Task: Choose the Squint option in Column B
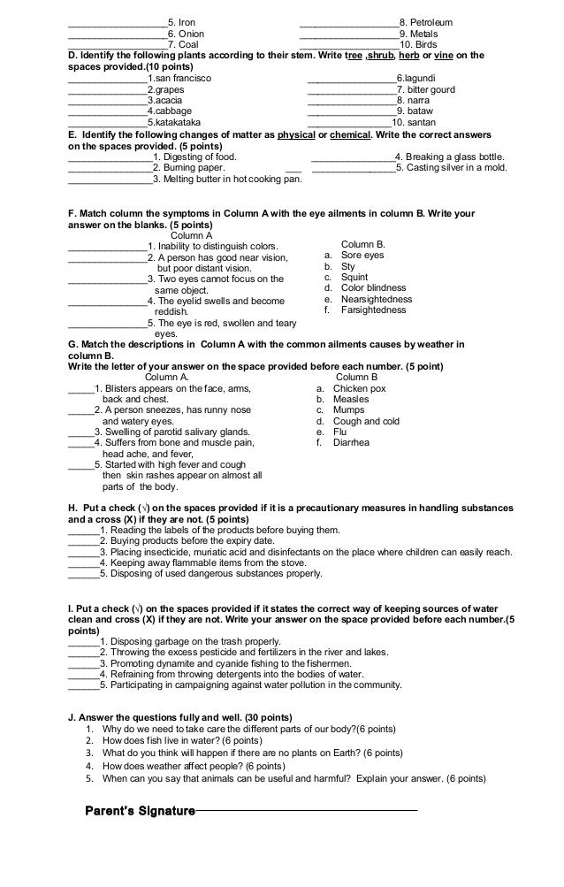(x=354, y=276)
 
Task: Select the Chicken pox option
(x=359, y=387)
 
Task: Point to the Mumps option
(x=349, y=410)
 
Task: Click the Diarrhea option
(x=351, y=443)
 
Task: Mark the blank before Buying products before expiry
(x=83, y=541)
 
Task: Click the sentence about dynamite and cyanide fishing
(x=230, y=662)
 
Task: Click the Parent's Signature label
(x=139, y=810)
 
